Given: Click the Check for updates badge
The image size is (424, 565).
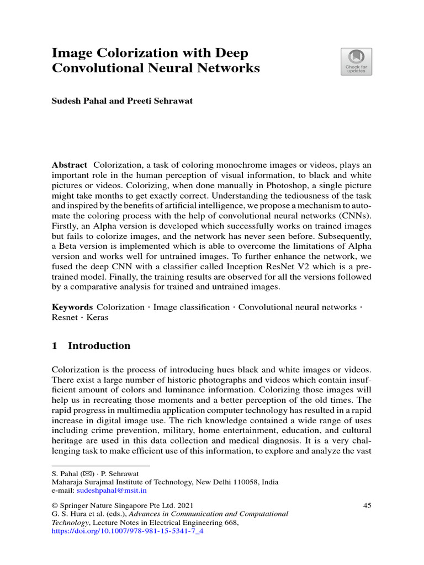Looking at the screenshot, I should [356, 61].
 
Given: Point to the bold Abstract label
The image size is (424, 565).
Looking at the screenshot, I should [69, 165].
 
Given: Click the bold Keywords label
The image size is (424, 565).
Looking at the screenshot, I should [72, 307].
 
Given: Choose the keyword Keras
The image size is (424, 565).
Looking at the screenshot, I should [97, 318].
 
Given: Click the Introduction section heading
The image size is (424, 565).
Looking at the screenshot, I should [99, 346].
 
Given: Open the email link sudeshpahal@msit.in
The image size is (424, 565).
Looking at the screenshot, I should [112, 490].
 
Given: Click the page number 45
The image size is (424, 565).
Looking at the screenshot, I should [367, 505].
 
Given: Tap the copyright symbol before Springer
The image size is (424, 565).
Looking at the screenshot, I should [55, 505].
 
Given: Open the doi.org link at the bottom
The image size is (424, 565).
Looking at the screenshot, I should [128, 532].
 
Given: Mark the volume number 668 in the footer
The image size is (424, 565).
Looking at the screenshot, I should [230, 523].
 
